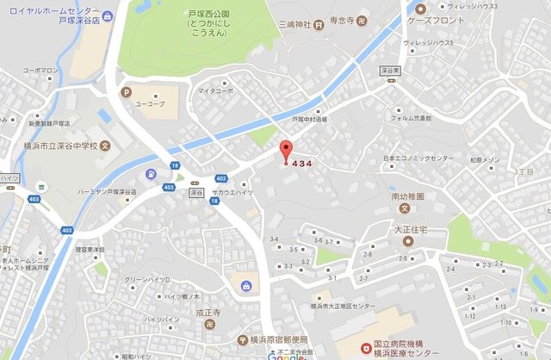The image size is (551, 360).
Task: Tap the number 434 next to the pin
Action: tap(301, 164)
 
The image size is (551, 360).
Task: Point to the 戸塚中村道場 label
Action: tap(312, 120)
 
